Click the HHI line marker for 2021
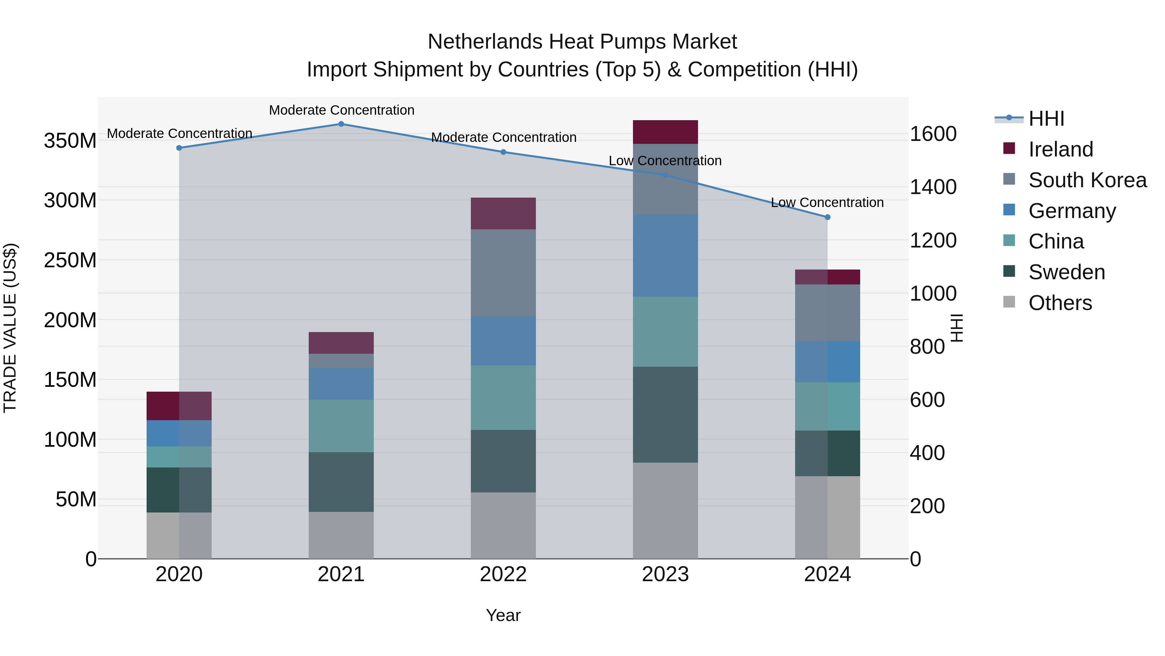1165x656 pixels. [x=341, y=124]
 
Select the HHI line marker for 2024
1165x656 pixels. [x=827, y=217]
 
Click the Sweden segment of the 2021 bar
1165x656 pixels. [x=341, y=482]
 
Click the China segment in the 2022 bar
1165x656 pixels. [x=503, y=397]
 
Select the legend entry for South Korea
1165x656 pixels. [x=1087, y=180]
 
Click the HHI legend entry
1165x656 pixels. [x=1046, y=119]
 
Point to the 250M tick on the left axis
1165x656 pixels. [x=70, y=260]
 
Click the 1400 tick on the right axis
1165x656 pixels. [x=933, y=187]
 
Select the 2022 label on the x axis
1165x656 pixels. [x=503, y=574]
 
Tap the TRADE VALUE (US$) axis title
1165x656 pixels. [x=10, y=328]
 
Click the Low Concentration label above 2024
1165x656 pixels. [x=827, y=202]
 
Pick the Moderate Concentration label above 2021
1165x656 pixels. [x=341, y=110]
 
